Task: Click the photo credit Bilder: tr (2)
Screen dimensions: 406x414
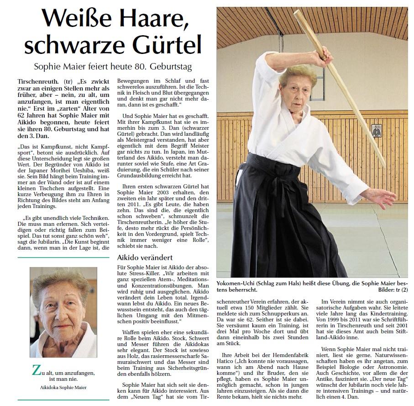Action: point(391,290)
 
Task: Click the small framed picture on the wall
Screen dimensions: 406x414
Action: point(377,131)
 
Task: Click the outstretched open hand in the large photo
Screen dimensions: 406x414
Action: point(383,194)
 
